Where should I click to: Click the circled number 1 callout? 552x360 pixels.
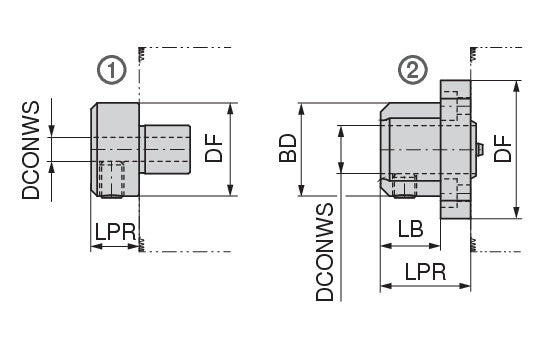pos(112,70)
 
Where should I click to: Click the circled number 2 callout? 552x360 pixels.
pos(413,70)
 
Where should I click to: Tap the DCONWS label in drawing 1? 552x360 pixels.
pos(31,150)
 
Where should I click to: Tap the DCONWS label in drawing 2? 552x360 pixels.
pos(325,252)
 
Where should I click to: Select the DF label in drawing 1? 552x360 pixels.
pos(214,149)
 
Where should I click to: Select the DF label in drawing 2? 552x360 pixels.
pos(502,149)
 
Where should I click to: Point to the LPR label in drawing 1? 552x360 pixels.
pos(115,232)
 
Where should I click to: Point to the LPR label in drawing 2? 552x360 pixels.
pos(425,272)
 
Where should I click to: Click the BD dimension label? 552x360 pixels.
pos(288,148)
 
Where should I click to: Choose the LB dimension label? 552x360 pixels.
pos(410,229)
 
